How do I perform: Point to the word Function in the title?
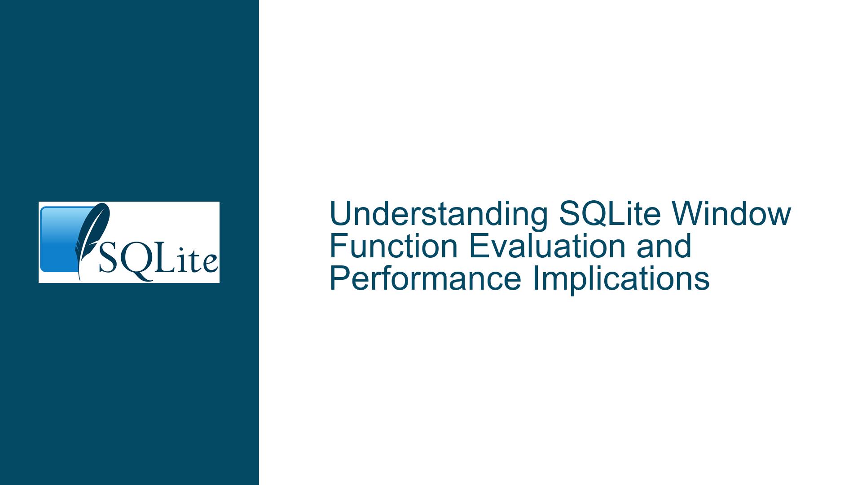point(395,246)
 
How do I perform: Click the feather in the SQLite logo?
point(92,238)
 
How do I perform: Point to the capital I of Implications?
point(535,278)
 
